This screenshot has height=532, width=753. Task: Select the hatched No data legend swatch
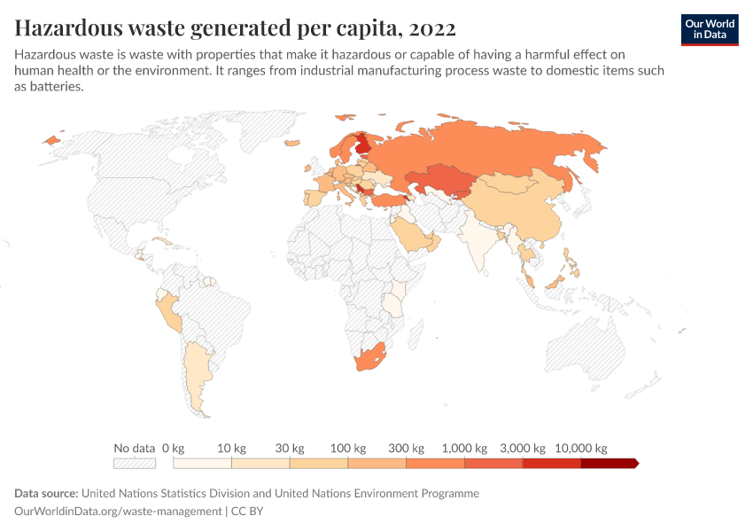point(135,463)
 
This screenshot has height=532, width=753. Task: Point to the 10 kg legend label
point(230,448)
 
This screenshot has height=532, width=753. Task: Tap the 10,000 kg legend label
point(581,448)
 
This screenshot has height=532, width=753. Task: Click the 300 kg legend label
point(406,448)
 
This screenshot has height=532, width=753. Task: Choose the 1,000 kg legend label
point(464,448)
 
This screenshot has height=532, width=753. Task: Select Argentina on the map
point(196,372)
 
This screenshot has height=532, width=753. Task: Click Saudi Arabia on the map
point(410,235)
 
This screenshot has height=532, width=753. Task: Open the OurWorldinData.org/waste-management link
point(119,512)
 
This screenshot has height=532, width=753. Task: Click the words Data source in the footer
point(45,493)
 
